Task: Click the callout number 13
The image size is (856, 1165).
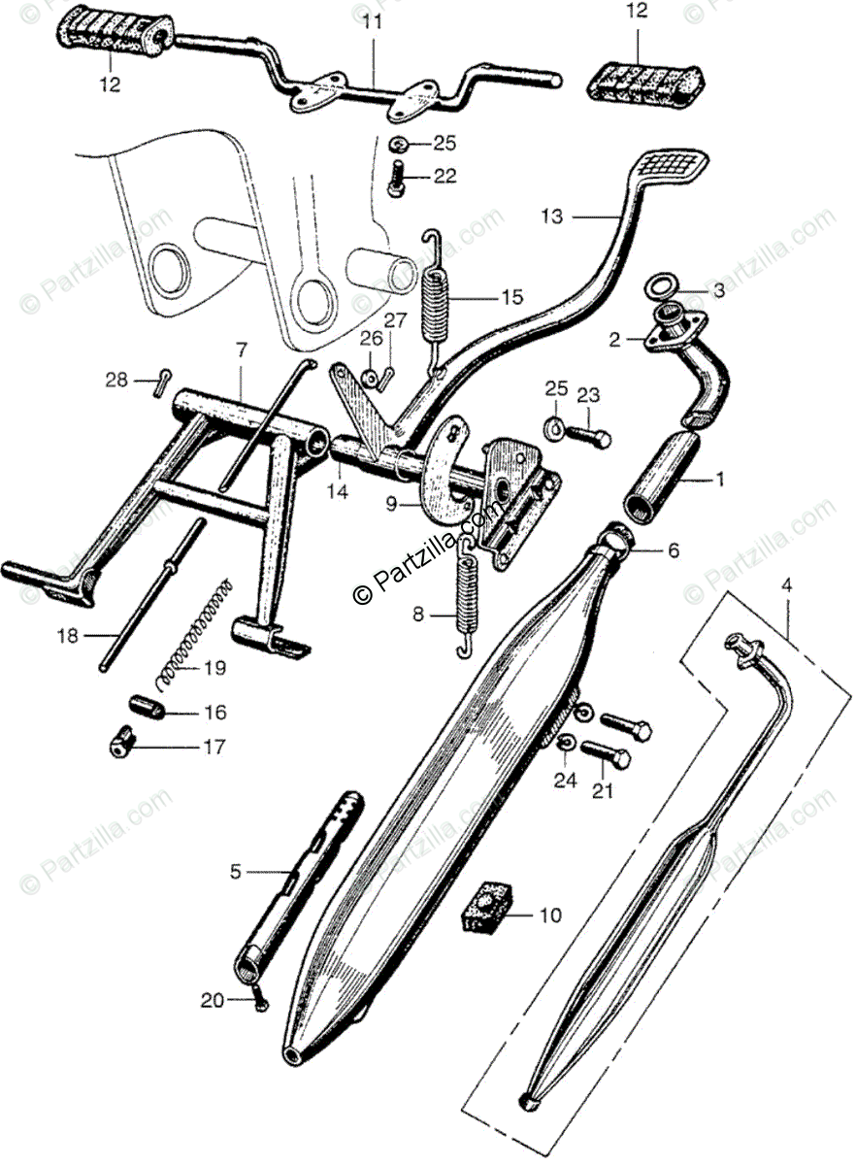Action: (551, 217)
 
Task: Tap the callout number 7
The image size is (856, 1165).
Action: (242, 348)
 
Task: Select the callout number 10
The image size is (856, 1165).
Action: (549, 915)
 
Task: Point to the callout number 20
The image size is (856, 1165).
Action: (212, 1000)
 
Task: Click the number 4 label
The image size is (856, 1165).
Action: (786, 585)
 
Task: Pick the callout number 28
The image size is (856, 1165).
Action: (116, 380)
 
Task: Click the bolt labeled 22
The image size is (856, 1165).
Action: (396, 181)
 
